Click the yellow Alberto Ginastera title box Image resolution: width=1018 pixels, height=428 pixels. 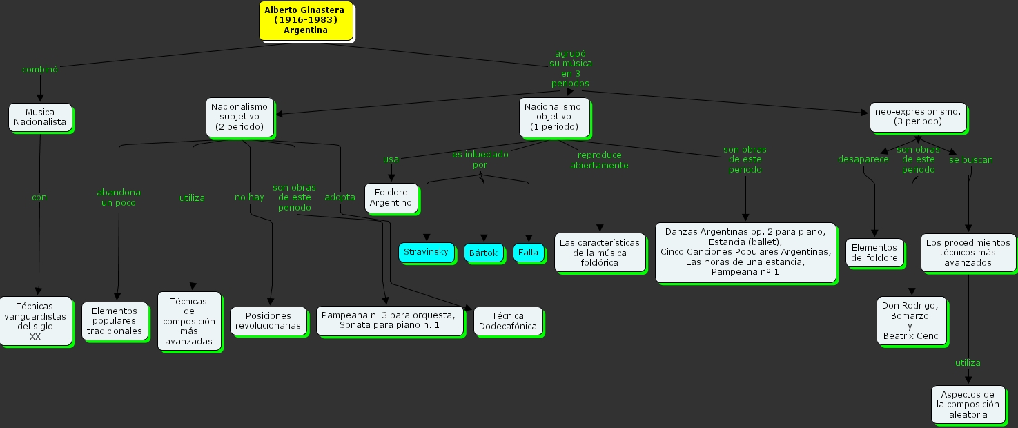[306, 20]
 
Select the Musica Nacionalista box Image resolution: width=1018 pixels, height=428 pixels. [40, 117]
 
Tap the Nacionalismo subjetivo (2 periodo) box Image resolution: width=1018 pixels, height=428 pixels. [239, 117]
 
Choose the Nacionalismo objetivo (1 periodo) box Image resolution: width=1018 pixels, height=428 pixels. [554, 117]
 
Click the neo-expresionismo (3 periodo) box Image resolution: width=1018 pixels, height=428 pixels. [917, 116]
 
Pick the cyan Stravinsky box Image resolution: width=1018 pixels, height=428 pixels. [426, 251]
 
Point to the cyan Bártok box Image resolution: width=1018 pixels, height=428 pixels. [483, 253]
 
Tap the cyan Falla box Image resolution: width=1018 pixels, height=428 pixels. [528, 252]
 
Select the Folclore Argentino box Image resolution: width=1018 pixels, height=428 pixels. [391, 197]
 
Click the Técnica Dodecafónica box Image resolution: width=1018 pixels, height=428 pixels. [508, 321]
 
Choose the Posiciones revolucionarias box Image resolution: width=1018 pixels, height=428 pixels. [268, 320]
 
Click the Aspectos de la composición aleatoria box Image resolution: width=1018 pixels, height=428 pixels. [968, 405]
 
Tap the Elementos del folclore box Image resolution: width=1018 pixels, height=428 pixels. [874, 253]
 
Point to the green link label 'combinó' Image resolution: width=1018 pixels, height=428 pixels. [40, 69]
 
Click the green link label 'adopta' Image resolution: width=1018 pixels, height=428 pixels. [340, 197]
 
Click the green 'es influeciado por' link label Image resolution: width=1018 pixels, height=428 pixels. [480, 159]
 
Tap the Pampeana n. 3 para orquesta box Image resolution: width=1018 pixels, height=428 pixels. [389, 320]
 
